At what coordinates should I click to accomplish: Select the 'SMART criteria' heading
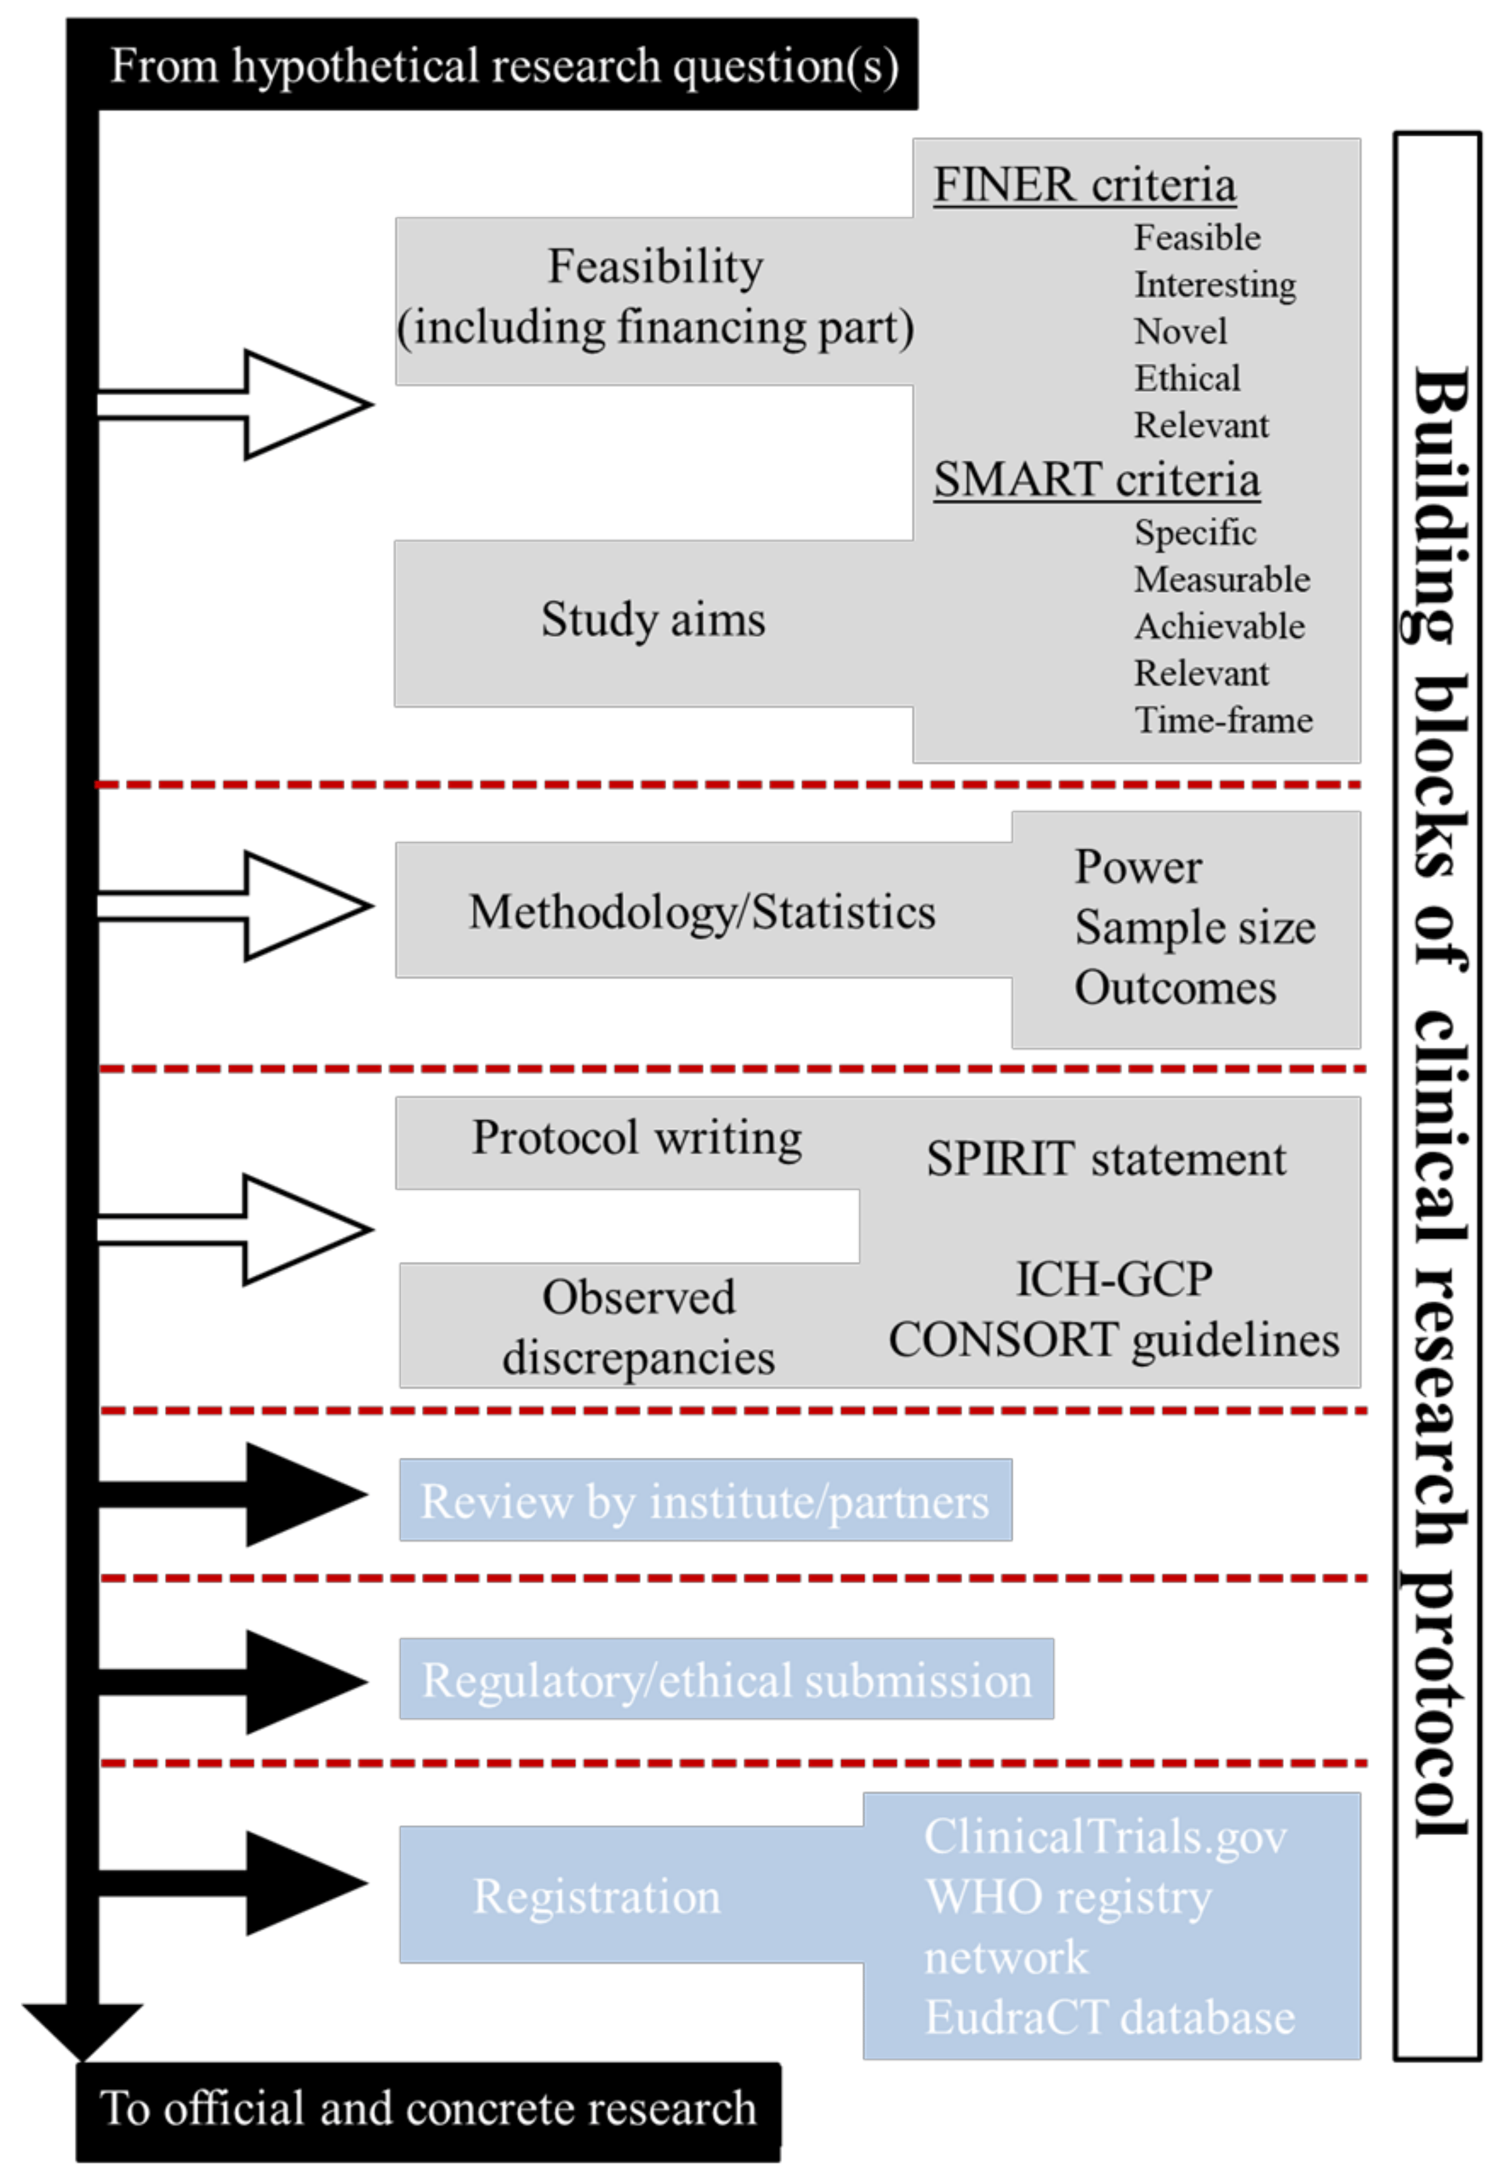pyautogui.click(x=1096, y=480)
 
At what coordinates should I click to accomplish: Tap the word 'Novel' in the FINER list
pyautogui.click(x=1180, y=331)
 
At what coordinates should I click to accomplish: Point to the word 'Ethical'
pyautogui.click(x=1187, y=379)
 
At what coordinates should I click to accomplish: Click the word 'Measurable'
pyautogui.click(x=1221, y=580)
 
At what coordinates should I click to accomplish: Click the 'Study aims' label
pyautogui.click(x=653, y=620)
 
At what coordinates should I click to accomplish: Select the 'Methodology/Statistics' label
pyautogui.click(x=702, y=912)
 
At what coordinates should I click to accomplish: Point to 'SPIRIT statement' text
pyautogui.click(x=1106, y=1159)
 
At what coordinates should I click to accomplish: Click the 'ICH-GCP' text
pyautogui.click(x=1114, y=1279)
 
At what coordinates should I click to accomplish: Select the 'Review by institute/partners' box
pyautogui.click(x=705, y=1501)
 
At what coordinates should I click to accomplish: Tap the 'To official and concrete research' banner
pyautogui.click(x=428, y=2109)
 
